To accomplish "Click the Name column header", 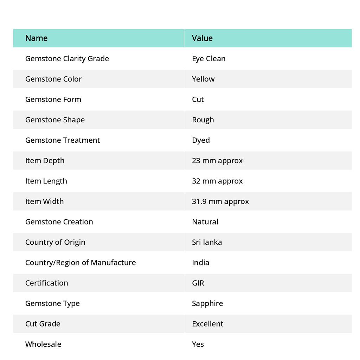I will [x=36, y=38].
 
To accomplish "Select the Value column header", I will [x=202, y=38].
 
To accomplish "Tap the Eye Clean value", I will [x=208, y=59].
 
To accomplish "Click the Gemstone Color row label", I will [x=53, y=79].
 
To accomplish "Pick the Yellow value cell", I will [x=203, y=79].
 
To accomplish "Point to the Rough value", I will [x=203, y=120].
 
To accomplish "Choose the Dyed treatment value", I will [x=201, y=140].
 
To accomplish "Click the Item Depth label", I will [x=45, y=161].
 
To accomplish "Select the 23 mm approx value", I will [x=217, y=161].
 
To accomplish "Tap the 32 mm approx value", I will [x=217, y=181].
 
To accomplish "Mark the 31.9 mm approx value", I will [x=220, y=201].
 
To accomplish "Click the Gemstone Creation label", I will [x=59, y=222].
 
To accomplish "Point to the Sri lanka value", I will [x=207, y=242].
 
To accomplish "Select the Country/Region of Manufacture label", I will [x=81, y=263].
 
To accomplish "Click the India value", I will [x=200, y=263].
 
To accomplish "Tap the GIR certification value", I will [x=198, y=283].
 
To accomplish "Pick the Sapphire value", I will [x=207, y=303].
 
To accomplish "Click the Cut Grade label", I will [x=43, y=324].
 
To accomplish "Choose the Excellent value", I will [x=207, y=324].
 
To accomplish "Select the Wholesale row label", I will [x=43, y=344].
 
